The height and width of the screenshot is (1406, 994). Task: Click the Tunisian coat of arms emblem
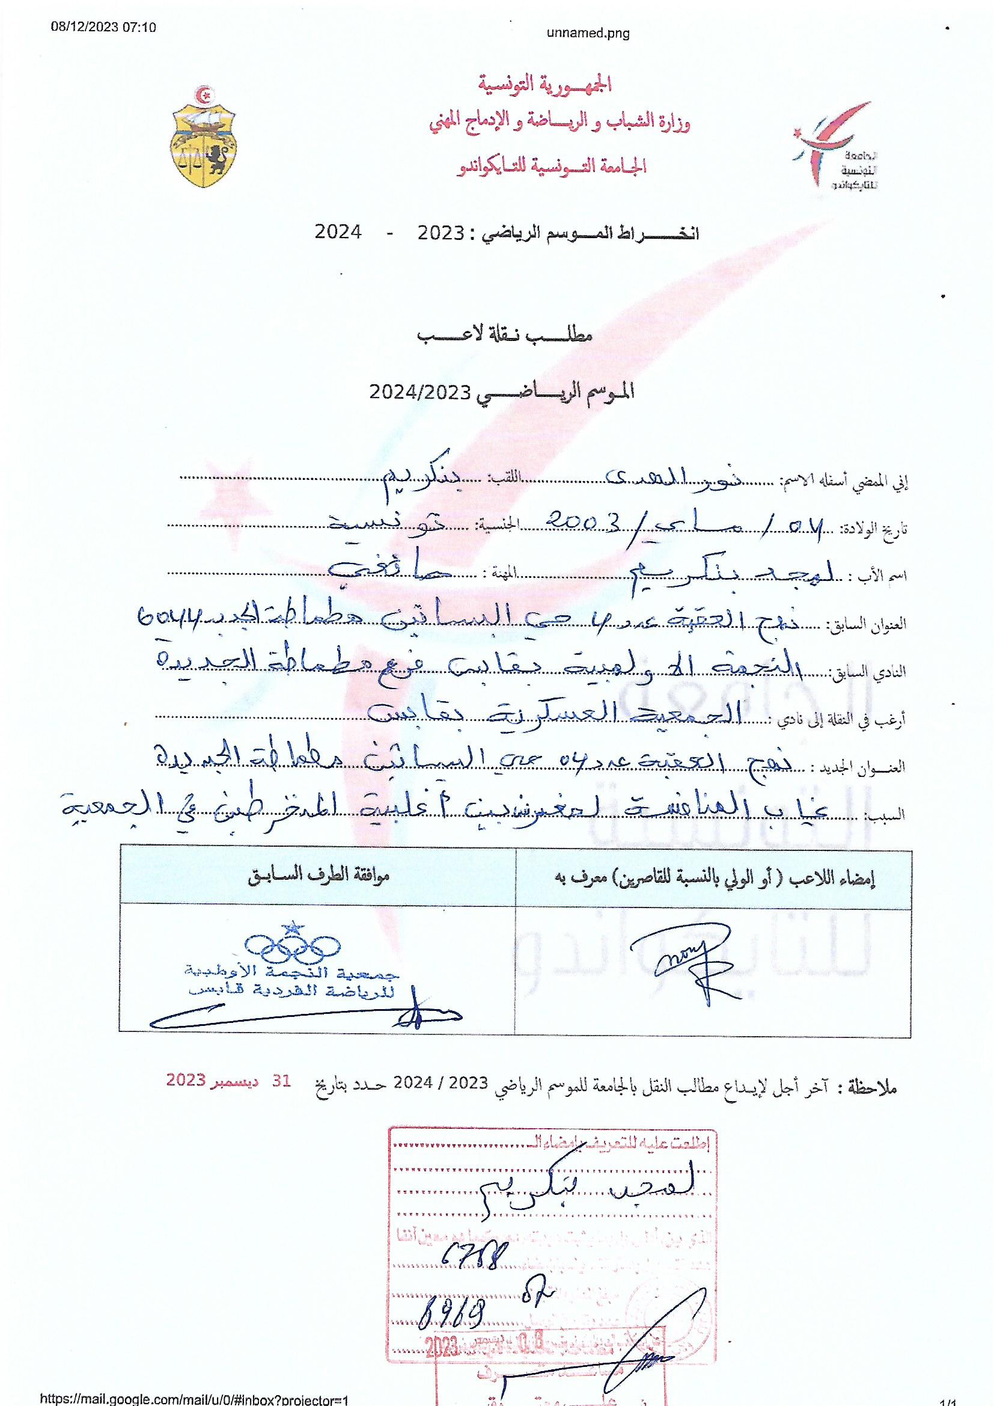(x=203, y=139)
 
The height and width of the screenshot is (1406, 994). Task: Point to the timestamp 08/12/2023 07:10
(x=103, y=27)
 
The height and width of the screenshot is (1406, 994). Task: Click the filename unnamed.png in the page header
(x=588, y=33)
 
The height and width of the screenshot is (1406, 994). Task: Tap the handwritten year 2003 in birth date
(x=587, y=521)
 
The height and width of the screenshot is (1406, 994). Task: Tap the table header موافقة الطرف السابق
(x=319, y=877)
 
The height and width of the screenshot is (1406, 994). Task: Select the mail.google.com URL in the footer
(x=194, y=1399)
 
